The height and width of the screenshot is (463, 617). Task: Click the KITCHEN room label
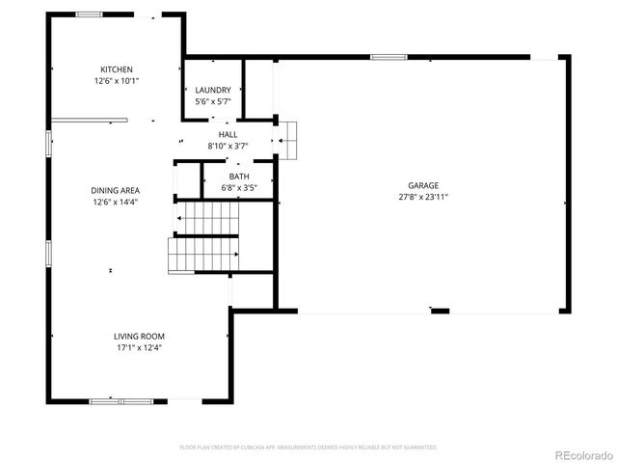coord(117,69)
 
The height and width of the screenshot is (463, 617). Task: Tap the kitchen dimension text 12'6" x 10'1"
coord(117,80)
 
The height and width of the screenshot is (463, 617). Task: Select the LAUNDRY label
coord(213,90)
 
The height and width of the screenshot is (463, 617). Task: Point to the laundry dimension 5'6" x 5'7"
coord(213,100)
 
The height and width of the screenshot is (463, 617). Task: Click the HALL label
coord(228,135)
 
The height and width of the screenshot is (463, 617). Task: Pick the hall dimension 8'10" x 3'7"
coord(228,146)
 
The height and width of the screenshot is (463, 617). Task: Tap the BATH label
coord(239,177)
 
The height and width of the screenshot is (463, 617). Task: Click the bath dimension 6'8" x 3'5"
coord(239,187)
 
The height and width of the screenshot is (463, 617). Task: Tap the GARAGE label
coord(422,185)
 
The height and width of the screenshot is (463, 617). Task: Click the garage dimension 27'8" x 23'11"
coord(422,197)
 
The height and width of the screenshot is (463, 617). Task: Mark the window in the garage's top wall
coord(388,57)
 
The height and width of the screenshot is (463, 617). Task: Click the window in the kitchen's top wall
coord(90,14)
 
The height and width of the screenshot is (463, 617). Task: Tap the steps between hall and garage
coord(290,140)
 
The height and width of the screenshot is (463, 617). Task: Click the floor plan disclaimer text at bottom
coord(308,448)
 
